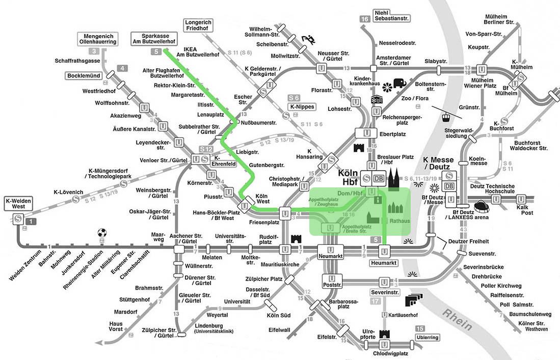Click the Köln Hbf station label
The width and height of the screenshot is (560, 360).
[x=348, y=177]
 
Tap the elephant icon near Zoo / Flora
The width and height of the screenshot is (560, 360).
[x=399, y=83]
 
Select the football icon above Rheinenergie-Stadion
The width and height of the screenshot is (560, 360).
[x=102, y=233]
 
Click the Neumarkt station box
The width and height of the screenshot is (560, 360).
[x=330, y=252]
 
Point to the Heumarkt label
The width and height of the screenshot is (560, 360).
[x=384, y=263]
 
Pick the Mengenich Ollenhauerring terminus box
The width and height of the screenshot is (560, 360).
[x=98, y=39]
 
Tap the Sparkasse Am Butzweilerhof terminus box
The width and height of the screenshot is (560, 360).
[x=154, y=39]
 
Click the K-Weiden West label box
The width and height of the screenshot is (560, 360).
[x=18, y=203]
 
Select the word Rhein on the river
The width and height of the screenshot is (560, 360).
[x=458, y=320]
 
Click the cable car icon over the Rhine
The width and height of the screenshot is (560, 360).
[x=446, y=117]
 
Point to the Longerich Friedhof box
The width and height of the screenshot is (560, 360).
[x=198, y=25]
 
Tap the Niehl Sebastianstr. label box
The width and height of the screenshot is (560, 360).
[x=392, y=15]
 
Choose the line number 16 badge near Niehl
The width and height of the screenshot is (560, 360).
[x=365, y=19]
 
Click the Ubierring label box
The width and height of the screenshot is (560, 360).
[x=428, y=337]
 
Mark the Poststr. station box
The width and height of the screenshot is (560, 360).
[x=332, y=281]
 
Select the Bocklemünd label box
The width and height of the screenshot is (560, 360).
[x=84, y=76]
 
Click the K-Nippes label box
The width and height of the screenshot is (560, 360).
[x=302, y=107]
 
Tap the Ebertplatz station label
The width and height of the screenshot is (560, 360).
[x=392, y=134]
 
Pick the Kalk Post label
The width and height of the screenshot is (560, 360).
[x=525, y=210]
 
